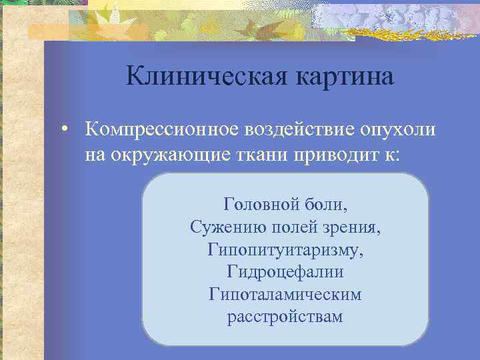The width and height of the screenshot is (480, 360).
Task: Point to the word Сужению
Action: click(224, 227)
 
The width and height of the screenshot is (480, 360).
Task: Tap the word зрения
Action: click(351, 227)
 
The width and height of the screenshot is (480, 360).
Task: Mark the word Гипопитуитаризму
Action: click(285, 250)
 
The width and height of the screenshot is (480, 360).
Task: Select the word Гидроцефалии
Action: click(285, 272)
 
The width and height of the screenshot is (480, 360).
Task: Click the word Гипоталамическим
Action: click(285, 294)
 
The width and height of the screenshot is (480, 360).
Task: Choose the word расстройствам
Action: click(285, 316)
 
